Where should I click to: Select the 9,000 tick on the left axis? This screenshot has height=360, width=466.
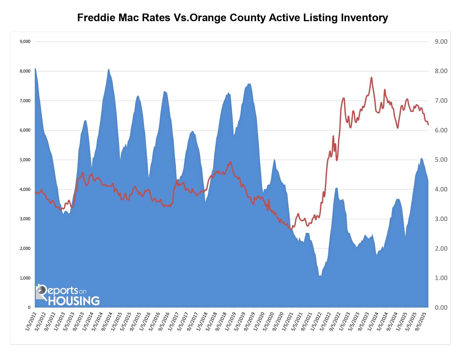pos(25,42)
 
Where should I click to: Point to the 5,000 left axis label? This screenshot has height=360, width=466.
pos(25,160)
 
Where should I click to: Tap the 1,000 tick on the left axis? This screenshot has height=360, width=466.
pos(25,278)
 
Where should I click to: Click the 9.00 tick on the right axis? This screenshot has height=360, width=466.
pos(441,42)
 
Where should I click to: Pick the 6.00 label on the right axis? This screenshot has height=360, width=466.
pos(441,130)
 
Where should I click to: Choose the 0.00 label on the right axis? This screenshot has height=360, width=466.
pos(441,307)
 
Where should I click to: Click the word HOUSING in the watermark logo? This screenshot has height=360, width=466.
pos(74,301)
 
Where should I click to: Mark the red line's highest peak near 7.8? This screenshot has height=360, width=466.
pos(371,77)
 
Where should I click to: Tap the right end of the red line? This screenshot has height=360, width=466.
pos(428,125)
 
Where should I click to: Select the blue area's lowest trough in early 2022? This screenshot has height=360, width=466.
pos(320,276)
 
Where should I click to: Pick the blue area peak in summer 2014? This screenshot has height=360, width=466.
pos(109,69)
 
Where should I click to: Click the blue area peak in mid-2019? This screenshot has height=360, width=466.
pos(249,83)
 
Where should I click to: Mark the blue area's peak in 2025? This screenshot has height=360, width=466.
pos(421,158)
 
